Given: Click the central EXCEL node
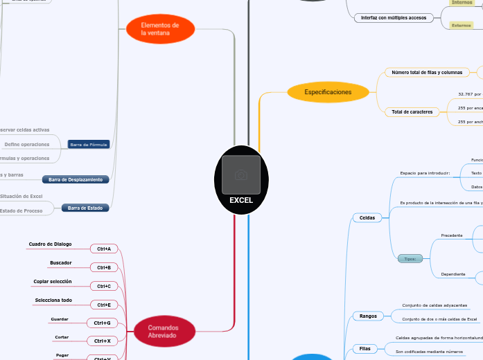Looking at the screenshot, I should [241, 199].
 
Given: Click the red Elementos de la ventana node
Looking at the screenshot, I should [160, 29].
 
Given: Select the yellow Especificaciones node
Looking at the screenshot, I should [327, 91].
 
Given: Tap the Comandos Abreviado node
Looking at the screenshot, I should [163, 331].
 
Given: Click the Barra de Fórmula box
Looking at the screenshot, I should [88, 145].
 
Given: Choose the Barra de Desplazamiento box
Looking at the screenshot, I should [76, 179].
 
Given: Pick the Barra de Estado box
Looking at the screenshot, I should [85, 208].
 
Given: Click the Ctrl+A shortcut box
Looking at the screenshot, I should [105, 248].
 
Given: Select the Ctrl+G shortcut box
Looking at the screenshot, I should [102, 323].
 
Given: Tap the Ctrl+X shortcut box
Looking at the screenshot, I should [102, 341].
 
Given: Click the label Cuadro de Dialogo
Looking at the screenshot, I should [50, 244].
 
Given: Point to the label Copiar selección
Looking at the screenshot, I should [52, 281].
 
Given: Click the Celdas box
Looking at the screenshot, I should [367, 217].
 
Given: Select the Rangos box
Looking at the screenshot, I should [368, 316].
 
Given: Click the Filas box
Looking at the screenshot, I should [365, 348].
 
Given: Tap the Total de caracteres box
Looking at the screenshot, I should [412, 111].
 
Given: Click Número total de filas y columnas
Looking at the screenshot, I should [426, 72].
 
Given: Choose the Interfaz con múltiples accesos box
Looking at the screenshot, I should [393, 17].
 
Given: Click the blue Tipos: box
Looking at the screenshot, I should [410, 259].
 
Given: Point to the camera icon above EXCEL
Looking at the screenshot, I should [241, 175].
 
